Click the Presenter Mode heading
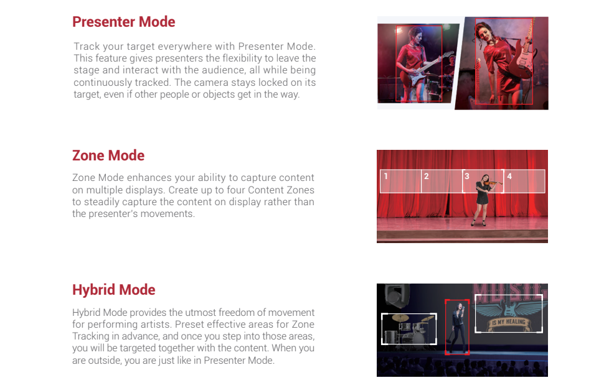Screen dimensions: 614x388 [x=124, y=22]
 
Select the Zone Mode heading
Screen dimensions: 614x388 [x=108, y=155]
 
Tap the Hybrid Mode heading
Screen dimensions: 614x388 [x=114, y=290]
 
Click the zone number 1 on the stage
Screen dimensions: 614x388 [x=385, y=177]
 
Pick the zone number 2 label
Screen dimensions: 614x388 [x=427, y=177]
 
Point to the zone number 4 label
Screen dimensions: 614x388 [x=509, y=177]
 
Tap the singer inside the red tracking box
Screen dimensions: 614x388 [x=457, y=327]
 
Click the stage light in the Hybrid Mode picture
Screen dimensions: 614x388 [x=397, y=295]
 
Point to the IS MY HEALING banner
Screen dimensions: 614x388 [x=509, y=322]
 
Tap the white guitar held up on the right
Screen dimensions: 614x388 [x=522, y=53]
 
